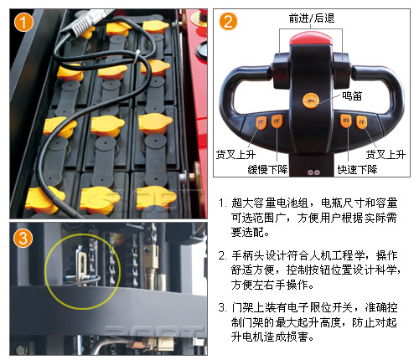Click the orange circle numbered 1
[23, 22]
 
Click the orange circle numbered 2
[228, 22]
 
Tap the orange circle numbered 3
[23, 238]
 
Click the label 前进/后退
[312, 18]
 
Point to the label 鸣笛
[352, 95]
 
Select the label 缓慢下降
[267, 169]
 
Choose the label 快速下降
[357, 169]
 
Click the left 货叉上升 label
[235, 154]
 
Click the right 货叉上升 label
[385, 154]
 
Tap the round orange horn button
[311, 100]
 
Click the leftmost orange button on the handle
[261, 123]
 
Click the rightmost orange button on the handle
[362, 122]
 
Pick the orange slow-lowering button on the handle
[277, 121]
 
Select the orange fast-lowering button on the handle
[346, 121]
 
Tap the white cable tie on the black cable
[137, 58]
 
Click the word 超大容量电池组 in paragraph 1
[270, 203]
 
